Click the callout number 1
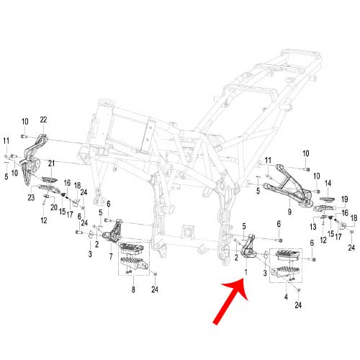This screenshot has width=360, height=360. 246,272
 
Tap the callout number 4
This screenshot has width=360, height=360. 286,297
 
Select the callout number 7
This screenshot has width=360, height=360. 111,256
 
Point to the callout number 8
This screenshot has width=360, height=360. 133,289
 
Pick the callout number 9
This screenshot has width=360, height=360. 289,212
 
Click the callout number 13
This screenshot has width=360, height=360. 313,226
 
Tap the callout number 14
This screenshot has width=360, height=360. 328,184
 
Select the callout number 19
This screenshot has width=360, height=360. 344,199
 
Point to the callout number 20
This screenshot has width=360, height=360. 54,207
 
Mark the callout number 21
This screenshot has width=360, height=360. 51,163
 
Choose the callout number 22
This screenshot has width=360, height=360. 43,120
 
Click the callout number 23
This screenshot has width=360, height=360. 31,197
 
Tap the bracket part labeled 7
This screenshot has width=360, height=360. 113,230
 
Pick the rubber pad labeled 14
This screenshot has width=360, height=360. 327,199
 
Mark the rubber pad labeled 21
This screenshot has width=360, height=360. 50,179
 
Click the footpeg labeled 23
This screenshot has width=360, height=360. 48,189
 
